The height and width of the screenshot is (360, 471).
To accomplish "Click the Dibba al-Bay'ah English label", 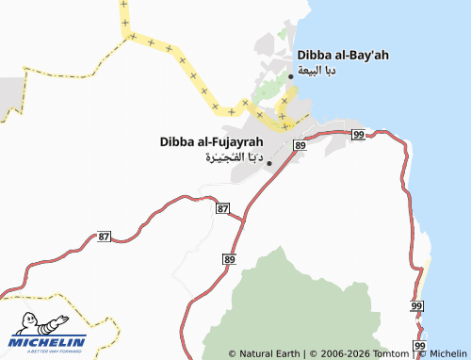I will click(x=343, y=55).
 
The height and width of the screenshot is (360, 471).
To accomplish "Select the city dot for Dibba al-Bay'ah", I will click(x=290, y=76).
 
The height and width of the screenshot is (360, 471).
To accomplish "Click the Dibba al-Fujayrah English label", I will click(x=211, y=142).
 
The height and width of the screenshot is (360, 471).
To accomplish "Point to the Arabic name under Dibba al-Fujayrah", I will click(x=232, y=157).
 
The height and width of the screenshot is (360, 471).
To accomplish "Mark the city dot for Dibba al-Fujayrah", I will click(x=269, y=163).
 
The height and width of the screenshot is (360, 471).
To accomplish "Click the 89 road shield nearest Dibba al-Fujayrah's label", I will click(x=300, y=144).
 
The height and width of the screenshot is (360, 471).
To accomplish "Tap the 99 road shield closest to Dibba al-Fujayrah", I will click(x=358, y=136).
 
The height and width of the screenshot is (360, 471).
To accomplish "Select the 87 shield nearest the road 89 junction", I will click(x=222, y=207).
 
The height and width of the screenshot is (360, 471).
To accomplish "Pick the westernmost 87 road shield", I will click(x=105, y=237).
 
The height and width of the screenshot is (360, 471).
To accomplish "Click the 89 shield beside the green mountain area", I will click(x=229, y=258).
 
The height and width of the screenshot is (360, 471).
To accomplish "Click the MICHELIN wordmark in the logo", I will click(x=49, y=341).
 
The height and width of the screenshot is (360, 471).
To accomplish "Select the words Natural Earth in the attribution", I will click(x=269, y=353).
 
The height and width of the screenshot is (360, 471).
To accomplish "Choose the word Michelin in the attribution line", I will click(x=448, y=353).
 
